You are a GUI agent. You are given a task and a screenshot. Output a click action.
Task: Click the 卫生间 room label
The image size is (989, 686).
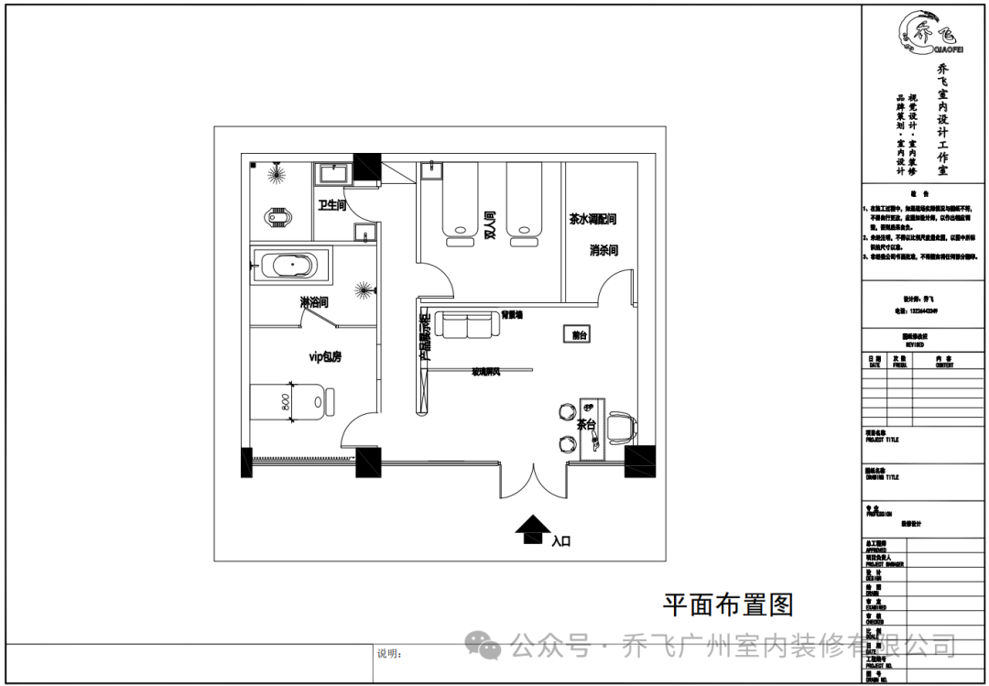click(x=331, y=205)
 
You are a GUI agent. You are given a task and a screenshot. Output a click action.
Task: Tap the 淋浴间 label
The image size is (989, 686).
click(x=313, y=301)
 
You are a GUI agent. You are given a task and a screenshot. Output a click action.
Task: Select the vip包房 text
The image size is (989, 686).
click(x=324, y=356)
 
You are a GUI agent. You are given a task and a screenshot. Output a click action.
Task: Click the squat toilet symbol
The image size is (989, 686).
click(x=274, y=219)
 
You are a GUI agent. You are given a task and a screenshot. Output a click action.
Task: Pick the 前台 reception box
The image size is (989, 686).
click(x=578, y=335)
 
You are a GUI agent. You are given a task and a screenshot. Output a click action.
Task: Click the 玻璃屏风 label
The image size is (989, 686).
click(x=486, y=371)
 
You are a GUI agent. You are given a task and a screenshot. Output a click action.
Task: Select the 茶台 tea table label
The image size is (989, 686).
click(x=586, y=425)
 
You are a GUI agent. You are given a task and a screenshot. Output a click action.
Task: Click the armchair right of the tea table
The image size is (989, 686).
click(x=622, y=425)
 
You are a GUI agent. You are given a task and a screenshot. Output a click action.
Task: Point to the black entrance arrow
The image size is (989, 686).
click(x=529, y=529)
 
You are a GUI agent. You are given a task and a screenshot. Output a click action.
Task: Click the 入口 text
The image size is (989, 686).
click(x=560, y=541)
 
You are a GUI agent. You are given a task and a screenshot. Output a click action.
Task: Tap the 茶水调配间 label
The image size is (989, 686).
click(x=592, y=220)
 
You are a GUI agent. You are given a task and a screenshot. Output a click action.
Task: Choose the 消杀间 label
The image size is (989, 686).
click(x=603, y=250)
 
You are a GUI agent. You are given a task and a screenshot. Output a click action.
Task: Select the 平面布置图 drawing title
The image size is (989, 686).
click(x=727, y=604)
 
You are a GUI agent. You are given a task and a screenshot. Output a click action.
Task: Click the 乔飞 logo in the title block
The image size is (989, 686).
click(x=926, y=34)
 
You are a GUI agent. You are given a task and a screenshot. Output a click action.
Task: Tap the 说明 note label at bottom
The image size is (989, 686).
click(x=389, y=654)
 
